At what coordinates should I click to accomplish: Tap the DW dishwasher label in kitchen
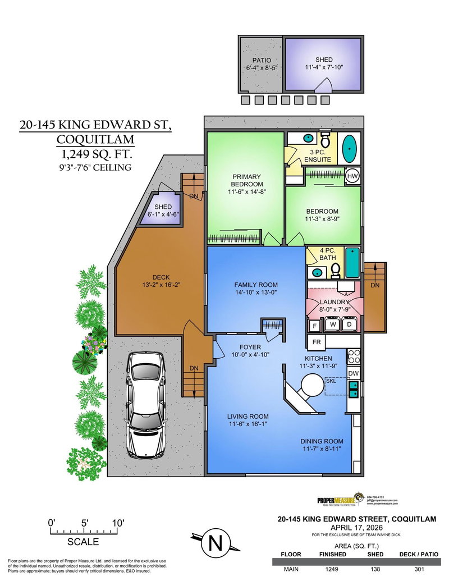point(354,373)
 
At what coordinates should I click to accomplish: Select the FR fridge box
point(315,341)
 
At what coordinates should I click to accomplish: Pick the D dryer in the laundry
point(349,325)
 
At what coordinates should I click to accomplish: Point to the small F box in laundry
point(314,326)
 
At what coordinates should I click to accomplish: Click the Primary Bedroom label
point(247,180)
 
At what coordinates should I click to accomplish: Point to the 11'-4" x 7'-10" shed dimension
point(323,68)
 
